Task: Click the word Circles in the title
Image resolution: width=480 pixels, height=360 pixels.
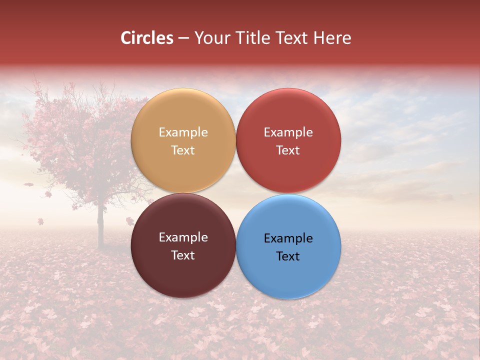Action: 147,38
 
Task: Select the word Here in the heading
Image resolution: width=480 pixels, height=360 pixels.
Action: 332,38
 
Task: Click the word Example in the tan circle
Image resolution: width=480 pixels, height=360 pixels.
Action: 183,132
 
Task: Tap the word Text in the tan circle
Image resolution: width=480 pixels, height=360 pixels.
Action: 183,150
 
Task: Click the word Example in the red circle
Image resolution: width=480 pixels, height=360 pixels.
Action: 288,132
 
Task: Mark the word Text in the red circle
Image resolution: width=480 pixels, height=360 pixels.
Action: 288,150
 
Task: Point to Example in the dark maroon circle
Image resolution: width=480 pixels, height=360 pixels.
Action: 183,237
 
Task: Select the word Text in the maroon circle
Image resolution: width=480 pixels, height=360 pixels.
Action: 183,255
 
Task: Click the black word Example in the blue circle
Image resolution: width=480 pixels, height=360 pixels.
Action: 288,238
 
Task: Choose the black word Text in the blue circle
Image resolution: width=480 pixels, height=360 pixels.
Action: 288,256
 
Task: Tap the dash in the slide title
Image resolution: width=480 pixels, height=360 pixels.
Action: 183,38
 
